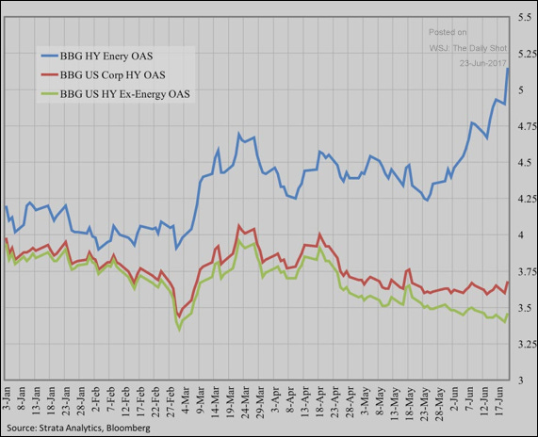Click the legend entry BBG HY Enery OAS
tap(119, 57)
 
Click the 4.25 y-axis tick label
tap(522, 199)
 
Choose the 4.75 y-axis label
tap(522, 126)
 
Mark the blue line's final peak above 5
tap(508, 69)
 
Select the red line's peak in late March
tap(239, 226)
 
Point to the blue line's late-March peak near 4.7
tap(239, 134)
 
